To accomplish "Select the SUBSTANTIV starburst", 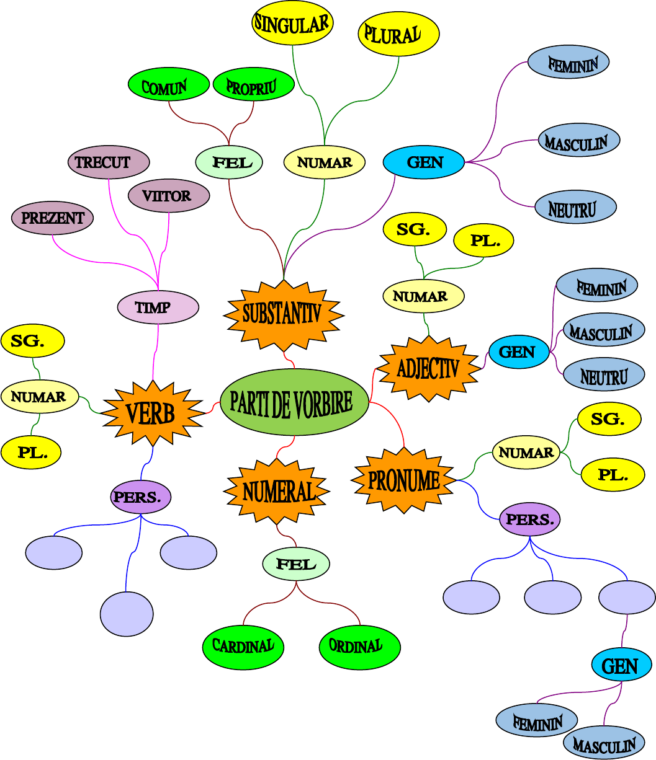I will click(x=283, y=314).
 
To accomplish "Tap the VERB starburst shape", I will click(x=152, y=413).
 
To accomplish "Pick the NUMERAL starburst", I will click(x=277, y=492).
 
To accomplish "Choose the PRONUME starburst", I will click(x=404, y=480).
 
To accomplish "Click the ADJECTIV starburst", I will click(x=429, y=369).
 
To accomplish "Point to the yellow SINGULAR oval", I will click(x=292, y=24).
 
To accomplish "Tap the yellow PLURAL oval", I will click(x=398, y=34).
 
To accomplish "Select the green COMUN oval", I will click(x=168, y=86).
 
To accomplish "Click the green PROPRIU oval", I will click(x=253, y=85).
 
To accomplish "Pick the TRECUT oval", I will click(x=109, y=162).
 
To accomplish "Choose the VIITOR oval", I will click(x=169, y=196).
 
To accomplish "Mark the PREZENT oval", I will click(x=53, y=218).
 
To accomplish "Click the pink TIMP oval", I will click(x=158, y=307).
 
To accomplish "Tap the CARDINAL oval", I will click(x=243, y=647).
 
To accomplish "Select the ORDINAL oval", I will click(x=359, y=647).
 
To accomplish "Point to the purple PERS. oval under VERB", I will click(x=141, y=497).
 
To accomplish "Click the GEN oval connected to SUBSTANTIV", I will click(x=424, y=162).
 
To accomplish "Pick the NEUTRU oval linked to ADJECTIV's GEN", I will click(x=604, y=376).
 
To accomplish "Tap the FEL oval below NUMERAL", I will click(x=296, y=564).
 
